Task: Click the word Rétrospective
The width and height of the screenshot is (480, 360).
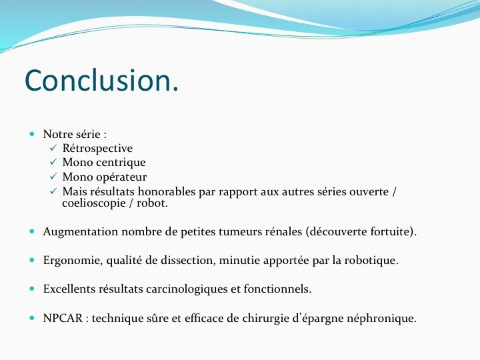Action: [x=97, y=149]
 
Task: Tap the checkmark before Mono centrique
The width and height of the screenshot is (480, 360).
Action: [x=53, y=161]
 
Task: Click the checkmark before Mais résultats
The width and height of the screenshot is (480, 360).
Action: [x=53, y=191]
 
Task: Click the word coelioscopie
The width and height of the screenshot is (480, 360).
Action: [x=94, y=203]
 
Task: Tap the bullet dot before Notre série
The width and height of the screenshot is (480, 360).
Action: [x=32, y=134]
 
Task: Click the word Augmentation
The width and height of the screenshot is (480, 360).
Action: [x=81, y=232]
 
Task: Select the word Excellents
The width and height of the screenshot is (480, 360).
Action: [x=69, y=289]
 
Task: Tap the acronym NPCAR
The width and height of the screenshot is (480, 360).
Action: [x=63, y=319]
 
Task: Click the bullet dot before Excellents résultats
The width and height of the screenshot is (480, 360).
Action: [x=32, y=289]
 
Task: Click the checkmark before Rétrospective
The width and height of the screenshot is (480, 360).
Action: [x=53, y=148]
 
